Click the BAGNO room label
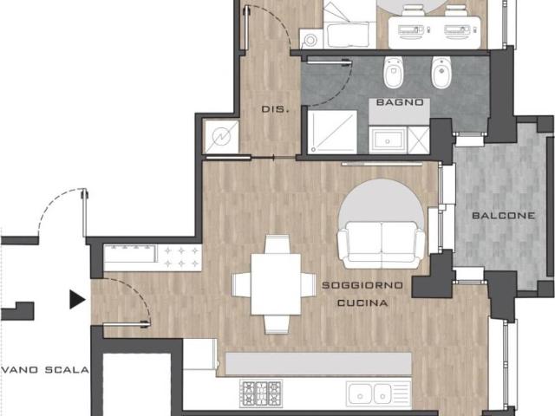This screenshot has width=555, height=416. click(x=400, y=102)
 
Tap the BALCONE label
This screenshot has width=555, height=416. click(x=503, y=216)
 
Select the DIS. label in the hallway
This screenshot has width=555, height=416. click(x=275, y=109)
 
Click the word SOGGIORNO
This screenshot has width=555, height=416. click(x=362, y=285)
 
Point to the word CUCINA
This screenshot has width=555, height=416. click(x=362, y=303)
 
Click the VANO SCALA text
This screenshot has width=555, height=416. click(x=46, y=370)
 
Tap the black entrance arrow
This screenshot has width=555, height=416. click(x=77, y=300)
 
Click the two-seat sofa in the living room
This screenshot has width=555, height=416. click(x=381, y=244)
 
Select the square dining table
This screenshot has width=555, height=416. click(x=276, y=284)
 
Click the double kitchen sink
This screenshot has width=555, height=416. click(x=369, y=393)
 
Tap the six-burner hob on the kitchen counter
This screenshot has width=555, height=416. click(x=261, y=393)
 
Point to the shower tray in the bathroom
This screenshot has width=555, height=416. click(x=332, y=132)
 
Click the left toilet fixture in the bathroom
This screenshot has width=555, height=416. click(x=393, y=73)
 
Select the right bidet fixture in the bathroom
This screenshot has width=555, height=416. click(x=441, y=73)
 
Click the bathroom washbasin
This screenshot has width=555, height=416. click(x=388, y=140)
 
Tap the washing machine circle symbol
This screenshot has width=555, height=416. click(x=310, y=40)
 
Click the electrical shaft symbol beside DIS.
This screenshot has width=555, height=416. click(x=222, y=137)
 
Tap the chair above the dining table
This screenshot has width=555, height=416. click(x=277, y=244)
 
